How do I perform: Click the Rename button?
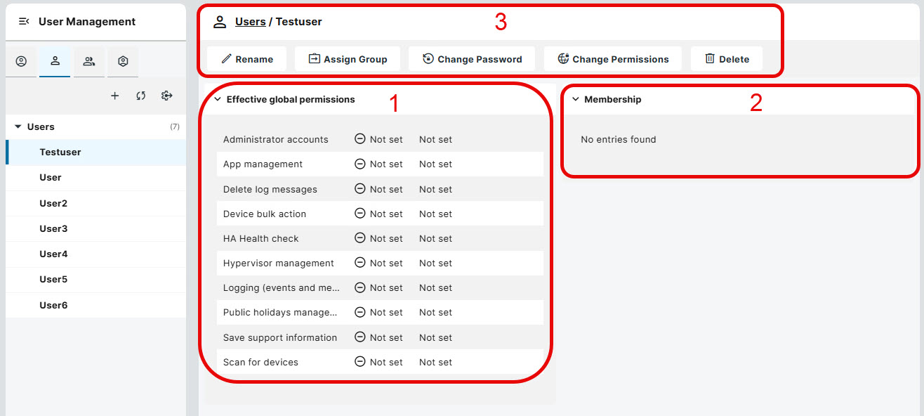coord(246,59)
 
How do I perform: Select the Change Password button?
coord(472,59)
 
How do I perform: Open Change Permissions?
coord(613,59)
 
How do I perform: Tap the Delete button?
coord(727,59)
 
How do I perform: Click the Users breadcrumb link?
coord(250,22)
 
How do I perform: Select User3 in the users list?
coord(53,228)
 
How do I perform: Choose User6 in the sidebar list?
coord(53,305)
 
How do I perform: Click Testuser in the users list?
coord(60,152)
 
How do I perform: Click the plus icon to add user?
coord(115,96)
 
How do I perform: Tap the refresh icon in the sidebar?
coord(141,96)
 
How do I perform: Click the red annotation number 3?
coord(501,22)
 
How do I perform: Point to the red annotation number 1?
coord(394,103)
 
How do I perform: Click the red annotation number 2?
coord(755,103)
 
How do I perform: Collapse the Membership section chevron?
coord(576,100)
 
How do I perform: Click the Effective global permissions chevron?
coord(218,100)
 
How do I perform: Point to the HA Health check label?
coord(260,238)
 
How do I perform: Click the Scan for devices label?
coord(260,362)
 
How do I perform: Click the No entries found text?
coord(618,139)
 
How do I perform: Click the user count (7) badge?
coord(175,127)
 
